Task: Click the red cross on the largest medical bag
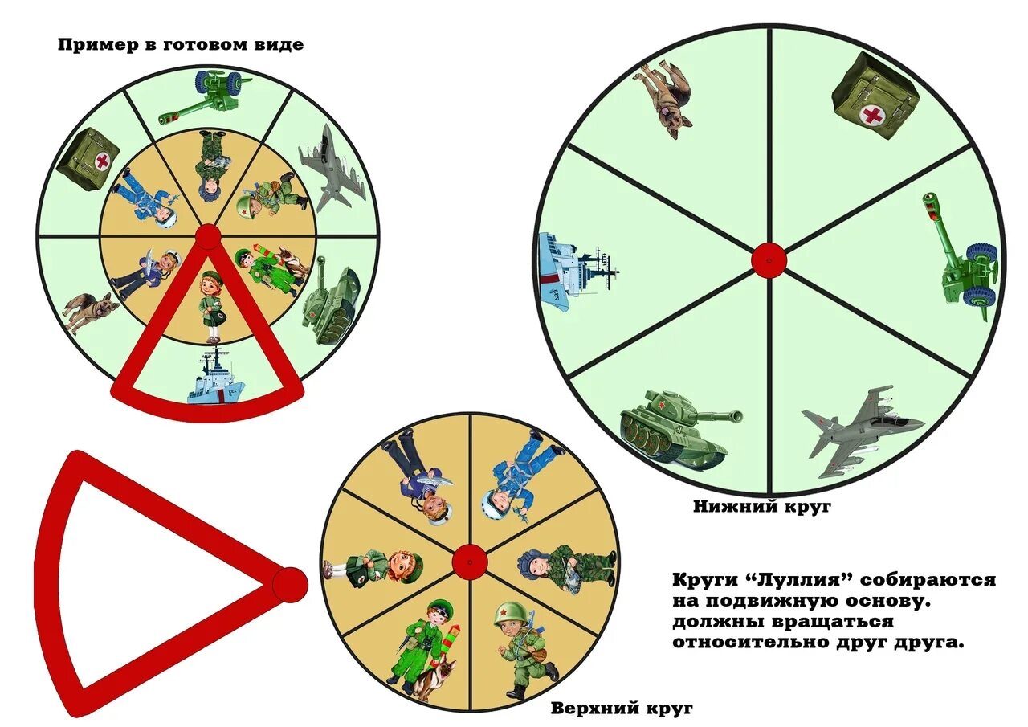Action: click(x=871, y=115)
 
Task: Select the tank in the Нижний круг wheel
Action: click(x=679, y=424)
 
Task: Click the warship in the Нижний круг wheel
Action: click(x=574, y=268)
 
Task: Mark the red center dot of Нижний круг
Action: click(x=769, y=260)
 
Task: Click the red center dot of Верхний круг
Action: click(x=470, y=561)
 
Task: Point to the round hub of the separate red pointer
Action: click(x=289, y=584)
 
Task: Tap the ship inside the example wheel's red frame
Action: click(x=215, y=378)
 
